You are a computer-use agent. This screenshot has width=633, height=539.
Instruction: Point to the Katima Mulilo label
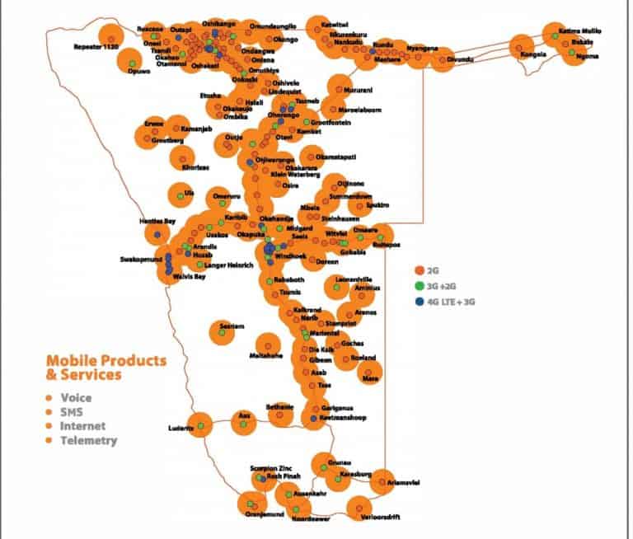tap(580, 31)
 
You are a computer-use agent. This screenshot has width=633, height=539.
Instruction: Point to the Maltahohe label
tap(265, 356)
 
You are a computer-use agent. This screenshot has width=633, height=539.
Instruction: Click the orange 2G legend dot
tap(419, 269)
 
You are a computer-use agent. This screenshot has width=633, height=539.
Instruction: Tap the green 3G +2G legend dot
tap(419, 286)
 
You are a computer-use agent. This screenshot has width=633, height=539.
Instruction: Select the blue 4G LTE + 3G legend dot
tap(419, 302)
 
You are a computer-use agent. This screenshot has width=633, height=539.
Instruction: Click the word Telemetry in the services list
tap(88, 440)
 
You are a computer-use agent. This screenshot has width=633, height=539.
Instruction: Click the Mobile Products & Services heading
tap(105, 368)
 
